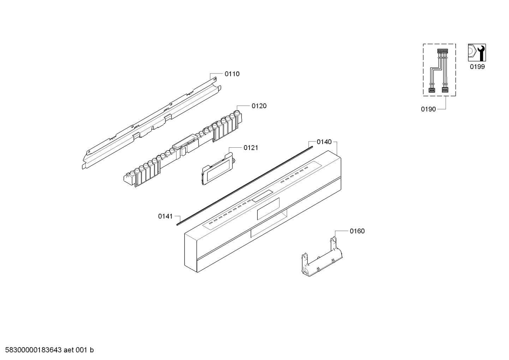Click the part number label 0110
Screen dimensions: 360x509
pyautogui.click(x=232, y=74)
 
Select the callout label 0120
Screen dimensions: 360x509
pyautogui.click(x=259, y=106)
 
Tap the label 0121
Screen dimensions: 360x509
pyautogui.click(x=251, y=148)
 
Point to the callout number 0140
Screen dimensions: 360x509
pyautogui.click(x=324, y=142)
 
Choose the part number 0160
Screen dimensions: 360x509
pyautogui.click(x=357, y=231)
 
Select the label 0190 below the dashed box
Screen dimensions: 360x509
pyautogui.click(x=428, y=110)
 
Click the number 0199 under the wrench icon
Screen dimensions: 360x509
pyautogui.click(x=477, y=67)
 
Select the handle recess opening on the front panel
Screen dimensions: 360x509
pyautogui.click(x=268, y=231)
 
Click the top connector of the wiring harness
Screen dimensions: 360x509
pyautogui.click(x=442, y=51)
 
